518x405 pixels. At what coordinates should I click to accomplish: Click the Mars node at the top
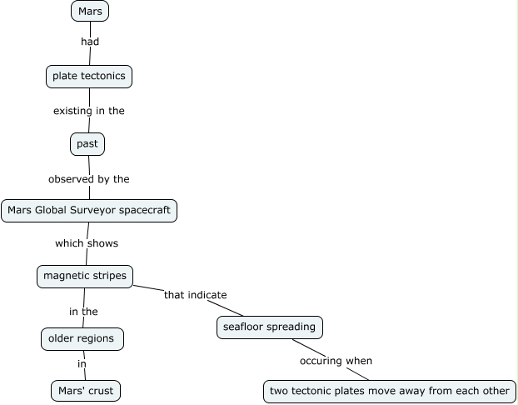(x=90, y=11)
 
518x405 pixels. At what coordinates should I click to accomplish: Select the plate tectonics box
(x=89, y=77)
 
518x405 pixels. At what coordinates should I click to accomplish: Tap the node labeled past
(x=87, y=144)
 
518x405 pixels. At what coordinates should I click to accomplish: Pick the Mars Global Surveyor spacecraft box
(x=89, y=211)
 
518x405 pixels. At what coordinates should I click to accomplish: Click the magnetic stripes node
(x=85, y=277)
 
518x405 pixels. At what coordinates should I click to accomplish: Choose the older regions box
(x=82, y=339)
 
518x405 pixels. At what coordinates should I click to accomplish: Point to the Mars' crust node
(x=86, y=391)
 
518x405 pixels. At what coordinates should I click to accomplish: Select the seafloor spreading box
(x=270, y=327)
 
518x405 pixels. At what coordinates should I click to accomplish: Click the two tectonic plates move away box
(x=390, y=392)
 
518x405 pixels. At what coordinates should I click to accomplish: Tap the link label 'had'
(x=90, y=42)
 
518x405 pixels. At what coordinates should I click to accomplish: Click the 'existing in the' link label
(x=89, y=111)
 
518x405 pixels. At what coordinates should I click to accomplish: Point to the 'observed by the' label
(x=89, y=179)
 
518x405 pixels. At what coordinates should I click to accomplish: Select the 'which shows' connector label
(x=87, y=243)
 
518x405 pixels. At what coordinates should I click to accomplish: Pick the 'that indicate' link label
(x=196, y=295)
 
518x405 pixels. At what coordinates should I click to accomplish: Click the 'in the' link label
(x=83, y=312)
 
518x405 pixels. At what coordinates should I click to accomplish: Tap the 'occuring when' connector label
(x=336, y=361)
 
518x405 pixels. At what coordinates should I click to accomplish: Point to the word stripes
(x=110, y=276)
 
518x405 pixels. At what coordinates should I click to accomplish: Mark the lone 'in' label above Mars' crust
(x=82, y=364)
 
